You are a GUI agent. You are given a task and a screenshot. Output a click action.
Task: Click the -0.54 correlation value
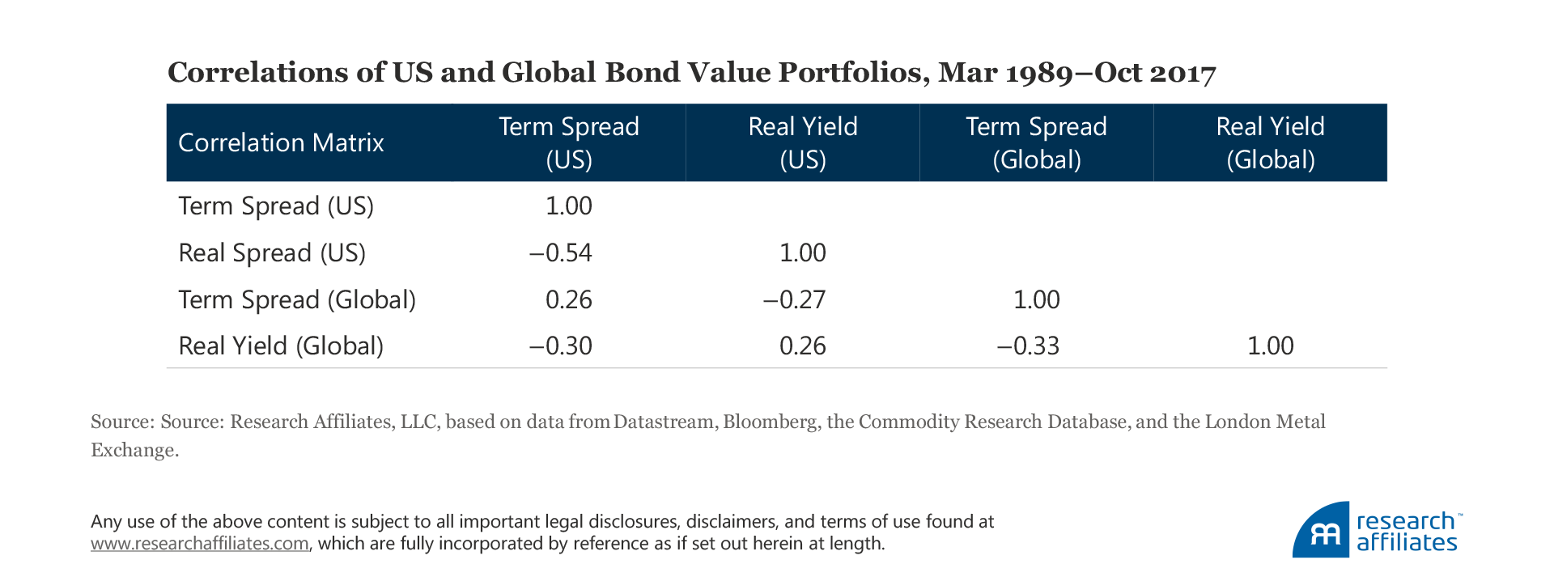click(561, 252)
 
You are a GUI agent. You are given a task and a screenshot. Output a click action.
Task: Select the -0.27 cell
click(795, 299)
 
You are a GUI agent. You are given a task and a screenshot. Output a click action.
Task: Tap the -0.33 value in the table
click(1028, 346)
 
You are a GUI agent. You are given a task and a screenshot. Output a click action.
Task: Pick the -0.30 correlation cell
click(561, 346)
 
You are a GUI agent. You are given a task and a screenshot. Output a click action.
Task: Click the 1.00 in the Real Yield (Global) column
click(1270, 346)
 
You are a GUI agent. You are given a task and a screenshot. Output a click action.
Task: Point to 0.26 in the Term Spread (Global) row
click(568, 299)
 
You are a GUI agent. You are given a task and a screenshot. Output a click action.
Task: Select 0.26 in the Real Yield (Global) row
click(802, 346)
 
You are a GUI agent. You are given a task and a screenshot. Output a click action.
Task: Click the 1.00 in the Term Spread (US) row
click(568, 206)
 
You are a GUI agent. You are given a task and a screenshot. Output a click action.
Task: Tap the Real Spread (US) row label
click(272, 252)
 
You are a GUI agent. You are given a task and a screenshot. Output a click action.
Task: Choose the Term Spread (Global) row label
click(297, 299)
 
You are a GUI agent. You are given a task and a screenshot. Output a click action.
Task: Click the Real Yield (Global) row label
click(281, 346)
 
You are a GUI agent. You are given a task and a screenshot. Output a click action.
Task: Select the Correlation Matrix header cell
click(281, 142)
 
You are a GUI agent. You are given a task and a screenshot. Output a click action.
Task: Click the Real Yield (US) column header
click(802, 142)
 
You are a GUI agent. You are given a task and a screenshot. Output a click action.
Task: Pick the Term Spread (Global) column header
click(1036, 142)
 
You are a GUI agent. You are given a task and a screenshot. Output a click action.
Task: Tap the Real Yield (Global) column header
click(1270, 142)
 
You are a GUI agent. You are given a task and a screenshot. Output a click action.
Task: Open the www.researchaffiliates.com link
click(200, 544)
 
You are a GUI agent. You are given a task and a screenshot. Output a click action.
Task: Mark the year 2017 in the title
click(1182, 73)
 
